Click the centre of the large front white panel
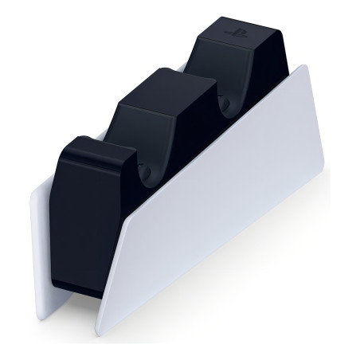(x=215, y=191)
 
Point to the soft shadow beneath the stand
(x=239, y=287)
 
